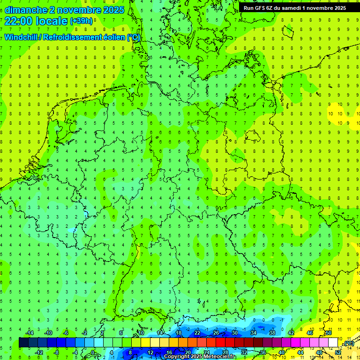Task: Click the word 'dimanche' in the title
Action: [x=25, y=10]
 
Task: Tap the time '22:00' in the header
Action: [x=18, y=21]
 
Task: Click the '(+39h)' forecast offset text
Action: [x=81, y=21]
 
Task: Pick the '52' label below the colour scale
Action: [x=337, y=352]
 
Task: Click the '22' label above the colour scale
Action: [x=197, y=333]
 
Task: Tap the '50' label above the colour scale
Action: [x=328, y=333]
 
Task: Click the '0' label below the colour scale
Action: [x=93, y=352]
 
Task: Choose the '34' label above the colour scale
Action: [x=253, y=333]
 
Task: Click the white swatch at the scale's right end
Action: [x=333, y=343]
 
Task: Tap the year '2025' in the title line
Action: [x=113, y=10]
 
